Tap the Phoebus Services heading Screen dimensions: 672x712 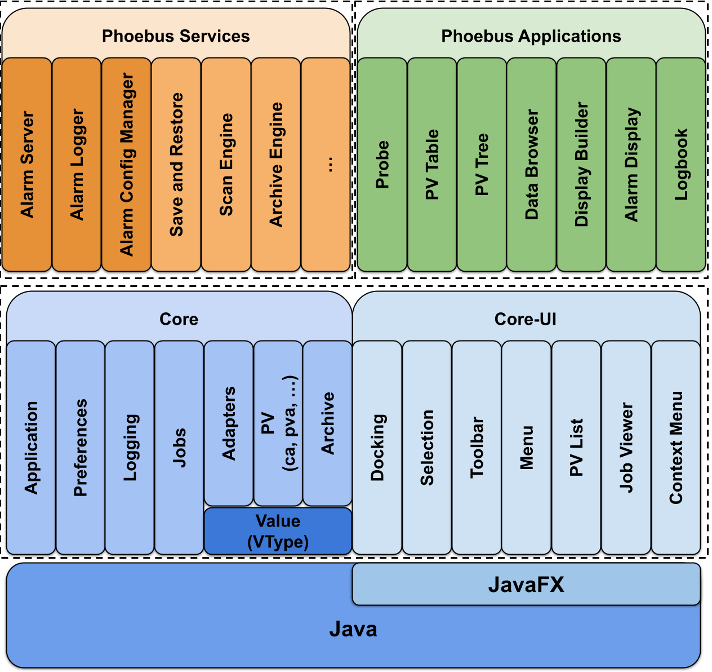point(176,36)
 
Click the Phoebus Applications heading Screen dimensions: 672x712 point(531,36)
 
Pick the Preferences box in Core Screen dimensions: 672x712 point(81,447)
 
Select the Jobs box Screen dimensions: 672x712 point(179,447)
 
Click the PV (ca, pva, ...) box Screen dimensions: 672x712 point(278,423)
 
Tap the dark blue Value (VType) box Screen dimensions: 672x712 point(278,531)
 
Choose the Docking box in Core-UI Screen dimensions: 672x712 point(377,447)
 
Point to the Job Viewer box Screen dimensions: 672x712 point(626,447)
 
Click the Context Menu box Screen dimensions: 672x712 point(676,447)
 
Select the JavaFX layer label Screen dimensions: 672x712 point(526,585)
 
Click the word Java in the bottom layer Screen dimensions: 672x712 point(353,629)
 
